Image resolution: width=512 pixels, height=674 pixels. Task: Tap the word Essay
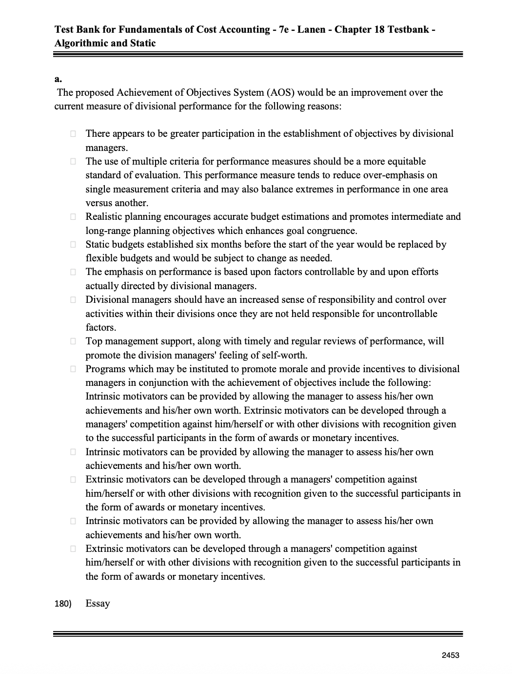(x=98, y=604)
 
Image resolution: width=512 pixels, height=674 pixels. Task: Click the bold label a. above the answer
(x=58, y=78)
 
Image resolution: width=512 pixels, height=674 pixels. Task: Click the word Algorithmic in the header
(x=81, y=43)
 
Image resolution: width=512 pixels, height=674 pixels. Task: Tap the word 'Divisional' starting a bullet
(x=107, y=300)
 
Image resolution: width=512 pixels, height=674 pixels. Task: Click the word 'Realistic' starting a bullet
(x=104, y=217)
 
